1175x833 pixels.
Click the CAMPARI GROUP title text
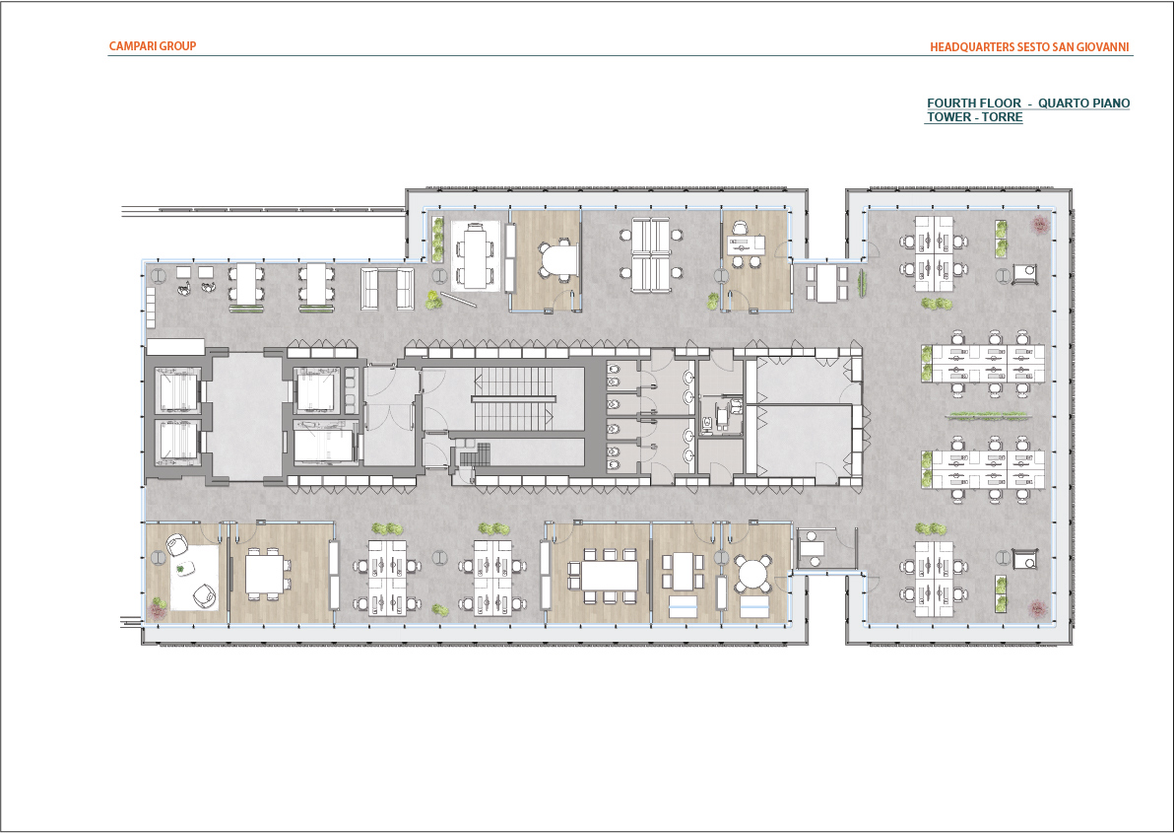pyautogui.click(x=153, y=45)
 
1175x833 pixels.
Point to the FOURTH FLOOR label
pyautogui.click(x=973, y=104)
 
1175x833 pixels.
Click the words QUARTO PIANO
pyautogui.click(x=1083, y=104)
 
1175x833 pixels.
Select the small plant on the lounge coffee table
pyautogui.click(x=181, y=570)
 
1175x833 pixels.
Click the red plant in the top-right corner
pyautogui.click(x=1039, y=223)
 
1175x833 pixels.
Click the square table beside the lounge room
pyautogui.click(x=265, y=574)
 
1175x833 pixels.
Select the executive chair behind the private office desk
pyautogui.click(x=741, y=227)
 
